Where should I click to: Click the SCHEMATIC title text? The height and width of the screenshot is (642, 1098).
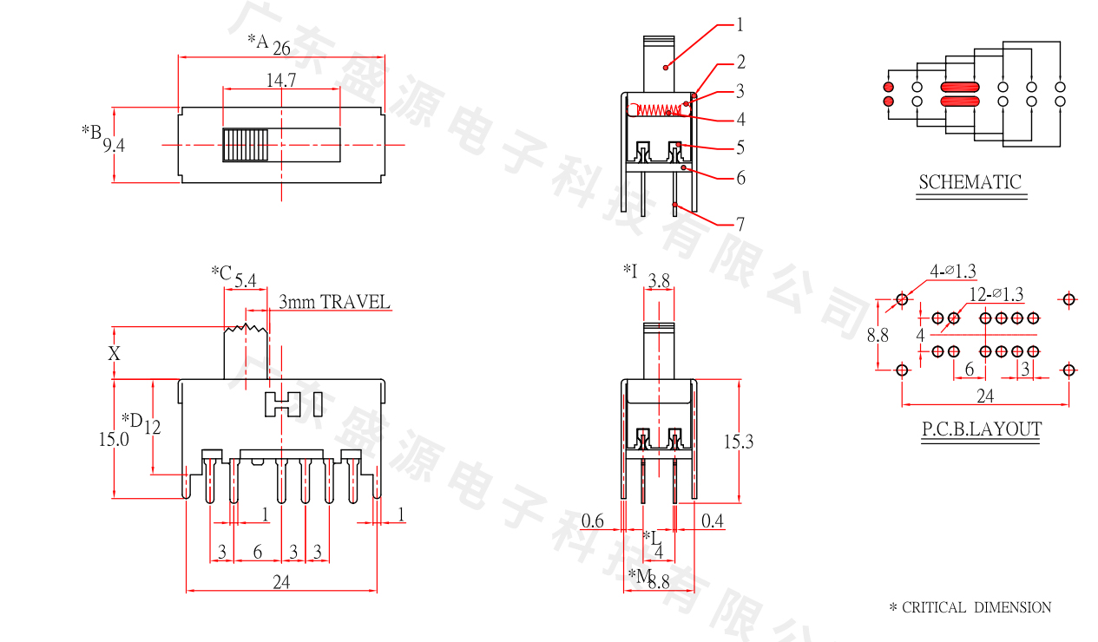(x=970, y=182)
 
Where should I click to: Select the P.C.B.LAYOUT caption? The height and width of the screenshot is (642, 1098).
(x=981, y=429)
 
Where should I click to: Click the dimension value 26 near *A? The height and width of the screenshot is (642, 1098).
(x=281, y=49)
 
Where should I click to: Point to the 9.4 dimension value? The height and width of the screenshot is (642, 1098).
(x=114, y=146)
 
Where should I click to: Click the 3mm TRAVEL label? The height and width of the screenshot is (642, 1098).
(x=334, y=303)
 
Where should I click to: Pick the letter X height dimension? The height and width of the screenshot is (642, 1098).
(x=114, y=353)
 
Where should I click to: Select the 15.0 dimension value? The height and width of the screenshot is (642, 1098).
(x=114, y=440)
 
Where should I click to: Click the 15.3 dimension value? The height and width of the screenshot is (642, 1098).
(x=738, y=442)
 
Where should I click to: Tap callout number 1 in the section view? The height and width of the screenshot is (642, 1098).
(x=740, y=25)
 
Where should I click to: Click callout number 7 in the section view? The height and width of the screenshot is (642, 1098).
(x=740, y=224)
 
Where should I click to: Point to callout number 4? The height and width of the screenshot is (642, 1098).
(x=740, y=120)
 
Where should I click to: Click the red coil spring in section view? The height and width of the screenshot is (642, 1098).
(x=659, y=109)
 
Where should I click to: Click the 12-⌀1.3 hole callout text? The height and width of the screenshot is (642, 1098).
(x=996, y=294)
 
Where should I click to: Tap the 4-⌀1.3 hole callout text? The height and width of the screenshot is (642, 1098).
(x=952, y=272)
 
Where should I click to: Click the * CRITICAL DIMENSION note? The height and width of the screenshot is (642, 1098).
(x=970, y=607)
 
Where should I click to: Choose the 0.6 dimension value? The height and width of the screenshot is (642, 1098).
(x=593, y=521)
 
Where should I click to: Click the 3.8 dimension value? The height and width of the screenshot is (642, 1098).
(x=659, y=281)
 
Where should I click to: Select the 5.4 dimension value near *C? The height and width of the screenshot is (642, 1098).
(x=246, y=280)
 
